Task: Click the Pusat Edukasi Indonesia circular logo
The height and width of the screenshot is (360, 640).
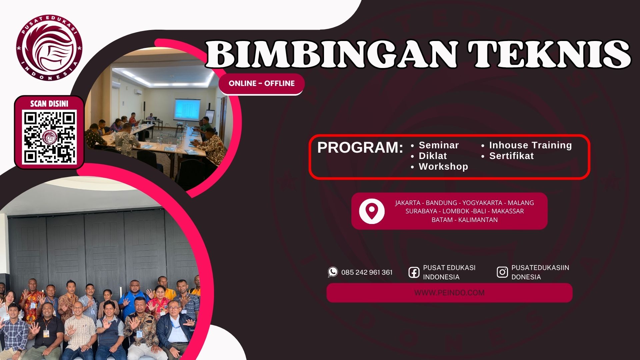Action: [x=49, y=48]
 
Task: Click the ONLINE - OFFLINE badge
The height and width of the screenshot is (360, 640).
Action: [x=262, y=83]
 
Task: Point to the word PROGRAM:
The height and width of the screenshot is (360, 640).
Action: [x=360, y=148]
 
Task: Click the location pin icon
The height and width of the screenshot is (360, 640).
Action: [x=372, y=211]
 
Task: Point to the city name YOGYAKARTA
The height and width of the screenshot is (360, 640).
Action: [x=482, y=203]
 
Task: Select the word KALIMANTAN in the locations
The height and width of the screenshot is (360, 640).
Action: [x=478, y=220]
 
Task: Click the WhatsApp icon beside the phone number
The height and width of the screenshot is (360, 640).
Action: [x=333, y=272]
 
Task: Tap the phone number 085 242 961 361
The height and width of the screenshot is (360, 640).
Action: [x=367, y=272]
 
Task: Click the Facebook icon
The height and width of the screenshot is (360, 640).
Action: [x=414, y=272]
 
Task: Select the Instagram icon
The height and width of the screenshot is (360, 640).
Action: [x=502, y=272]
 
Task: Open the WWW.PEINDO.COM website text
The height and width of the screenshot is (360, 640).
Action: [x=449, y=293]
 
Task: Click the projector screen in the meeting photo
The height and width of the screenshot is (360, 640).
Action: [x=187, y=109]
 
